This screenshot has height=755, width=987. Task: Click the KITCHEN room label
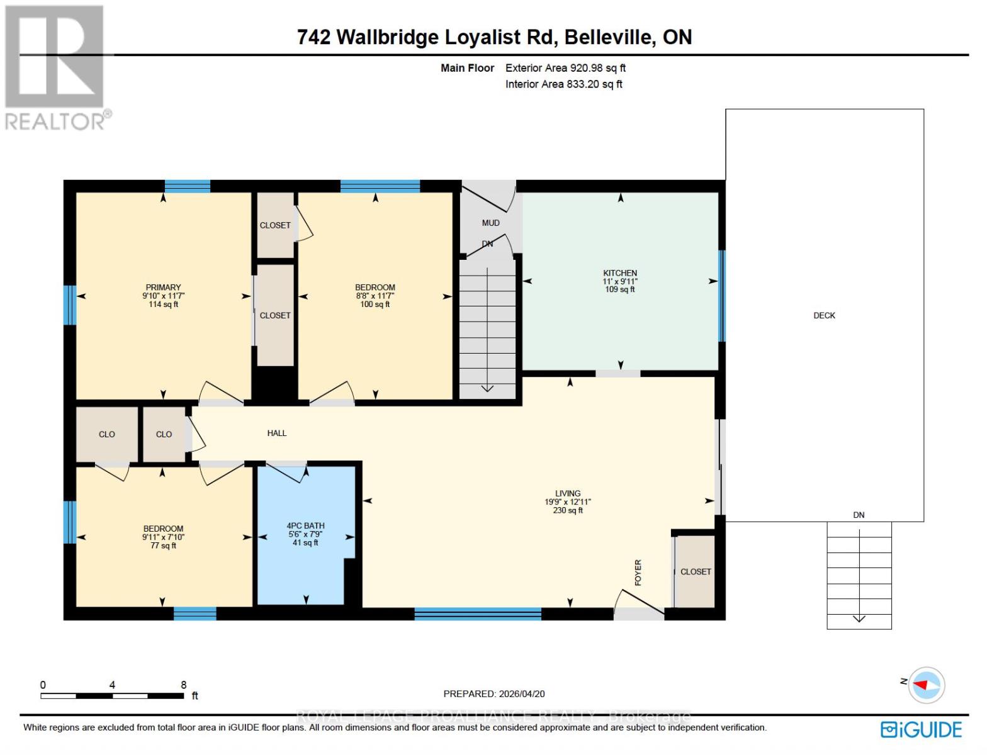point(619,273)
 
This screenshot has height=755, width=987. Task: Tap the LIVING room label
point(567,493)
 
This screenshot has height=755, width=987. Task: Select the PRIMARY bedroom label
point(163,288)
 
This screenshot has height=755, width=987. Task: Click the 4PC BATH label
point(305,525)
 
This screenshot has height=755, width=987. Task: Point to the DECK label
point(824,315)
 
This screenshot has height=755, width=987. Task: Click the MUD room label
point(490,223)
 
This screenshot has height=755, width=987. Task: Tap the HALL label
point(276,433)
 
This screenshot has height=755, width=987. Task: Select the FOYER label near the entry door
point(638,573)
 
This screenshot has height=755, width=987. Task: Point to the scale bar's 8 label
point(183,685)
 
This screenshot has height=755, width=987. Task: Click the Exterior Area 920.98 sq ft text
point(565,68)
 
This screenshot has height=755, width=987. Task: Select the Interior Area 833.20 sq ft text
point(563,84)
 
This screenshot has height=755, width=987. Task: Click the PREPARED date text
point(493,693)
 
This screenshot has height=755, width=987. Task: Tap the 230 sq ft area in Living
point(567,510)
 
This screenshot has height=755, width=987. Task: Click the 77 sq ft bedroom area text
point(163,545)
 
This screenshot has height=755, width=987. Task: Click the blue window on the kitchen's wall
point(721,296)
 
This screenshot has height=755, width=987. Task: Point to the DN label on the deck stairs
point(859,515)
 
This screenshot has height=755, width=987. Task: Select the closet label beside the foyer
point(696,571)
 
